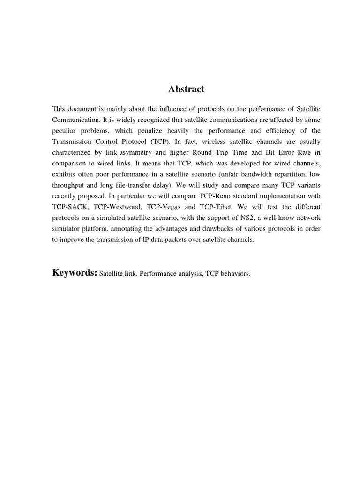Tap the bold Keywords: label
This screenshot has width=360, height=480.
(x=75, y=273)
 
